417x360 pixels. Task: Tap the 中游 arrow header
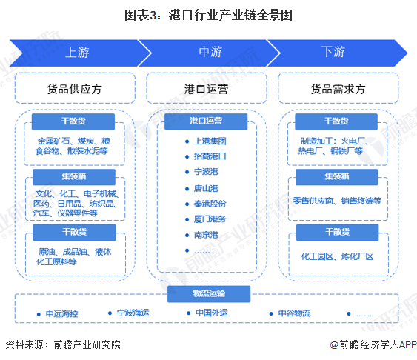(209, 53)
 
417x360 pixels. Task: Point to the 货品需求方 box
(338, 88)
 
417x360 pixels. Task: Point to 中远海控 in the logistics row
(60, 313)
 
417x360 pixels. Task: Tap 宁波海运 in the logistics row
(134, 313)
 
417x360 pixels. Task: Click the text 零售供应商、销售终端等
(337, 200)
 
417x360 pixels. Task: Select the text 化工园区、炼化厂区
(337, 256)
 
